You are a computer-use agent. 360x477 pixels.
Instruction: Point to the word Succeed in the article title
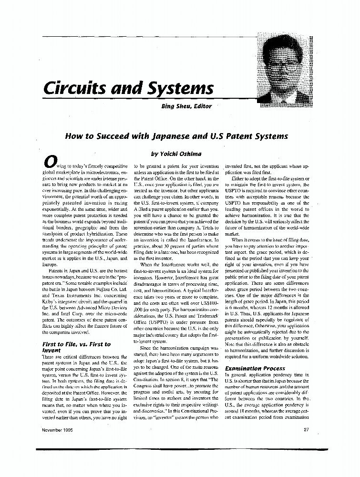tap(111, 136)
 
